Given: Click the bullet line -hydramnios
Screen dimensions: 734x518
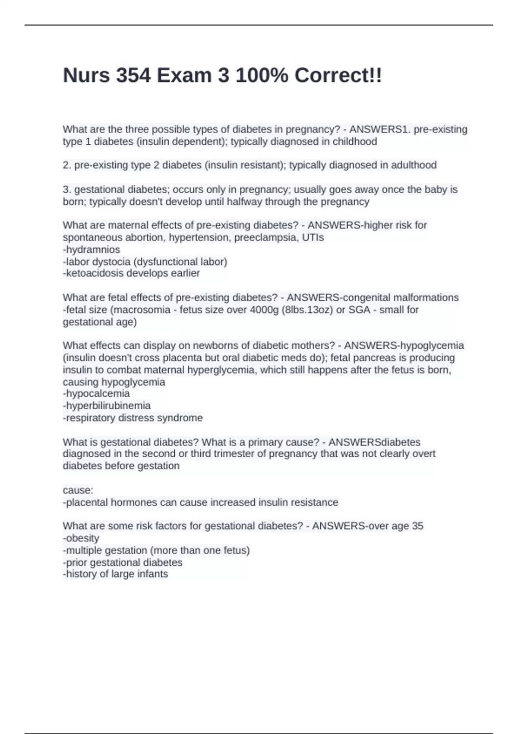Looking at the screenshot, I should click(x=92, y=250).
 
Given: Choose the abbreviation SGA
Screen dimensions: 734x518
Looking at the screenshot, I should click(x=359, y=310).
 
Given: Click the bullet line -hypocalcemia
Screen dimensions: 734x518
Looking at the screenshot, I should click(x=96, y=393).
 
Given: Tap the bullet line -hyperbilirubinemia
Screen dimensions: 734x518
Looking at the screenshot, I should click(x=107, y=405).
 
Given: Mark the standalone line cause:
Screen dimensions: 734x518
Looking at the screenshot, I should click(x=78, y=490).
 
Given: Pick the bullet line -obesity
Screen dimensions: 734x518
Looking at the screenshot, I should click(x=81, y=538).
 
